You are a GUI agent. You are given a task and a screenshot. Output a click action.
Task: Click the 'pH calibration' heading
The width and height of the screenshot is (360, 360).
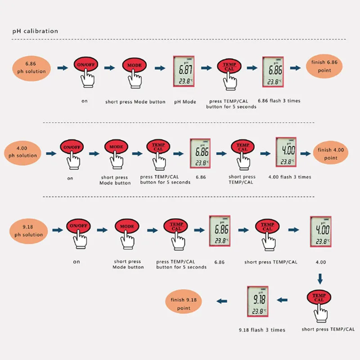tap(35, 31)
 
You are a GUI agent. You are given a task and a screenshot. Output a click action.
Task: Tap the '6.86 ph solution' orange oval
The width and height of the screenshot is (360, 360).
tap(31, 68)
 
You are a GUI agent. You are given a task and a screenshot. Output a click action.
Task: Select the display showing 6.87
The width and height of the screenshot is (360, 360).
tap(184, 72)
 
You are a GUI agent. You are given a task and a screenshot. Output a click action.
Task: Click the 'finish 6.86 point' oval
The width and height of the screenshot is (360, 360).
tap(324, 66)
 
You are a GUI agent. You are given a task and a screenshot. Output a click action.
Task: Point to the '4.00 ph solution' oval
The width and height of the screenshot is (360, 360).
tap(22, 153)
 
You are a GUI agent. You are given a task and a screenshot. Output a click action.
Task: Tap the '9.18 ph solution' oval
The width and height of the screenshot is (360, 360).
tap(28, 231)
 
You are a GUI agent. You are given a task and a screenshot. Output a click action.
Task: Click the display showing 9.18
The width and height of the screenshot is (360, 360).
tap(257, 301)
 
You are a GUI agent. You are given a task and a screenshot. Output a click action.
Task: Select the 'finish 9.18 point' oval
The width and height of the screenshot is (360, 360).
tap(184, 301)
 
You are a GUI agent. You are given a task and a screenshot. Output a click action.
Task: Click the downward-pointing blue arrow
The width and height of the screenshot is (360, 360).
tap(320, 279)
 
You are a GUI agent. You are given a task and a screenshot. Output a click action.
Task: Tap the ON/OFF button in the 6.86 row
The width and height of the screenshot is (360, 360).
tap(86, 64)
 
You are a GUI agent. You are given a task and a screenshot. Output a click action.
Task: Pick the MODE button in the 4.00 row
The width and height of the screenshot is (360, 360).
tap(116, 147)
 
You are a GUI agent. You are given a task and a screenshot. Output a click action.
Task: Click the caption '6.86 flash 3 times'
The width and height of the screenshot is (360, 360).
tap(279, 101)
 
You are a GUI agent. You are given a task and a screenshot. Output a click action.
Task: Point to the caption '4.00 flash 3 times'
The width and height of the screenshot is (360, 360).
tap(290, 177)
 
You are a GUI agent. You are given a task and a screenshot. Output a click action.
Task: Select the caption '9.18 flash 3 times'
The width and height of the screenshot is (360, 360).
tap(262, 330)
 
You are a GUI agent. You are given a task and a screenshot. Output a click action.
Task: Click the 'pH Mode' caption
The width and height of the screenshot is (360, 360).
tap(185, 102)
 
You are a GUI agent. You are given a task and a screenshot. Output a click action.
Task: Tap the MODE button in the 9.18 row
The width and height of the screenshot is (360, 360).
tap(127, 226)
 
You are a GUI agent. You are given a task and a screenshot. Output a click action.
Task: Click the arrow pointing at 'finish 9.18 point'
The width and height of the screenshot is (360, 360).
tap(222, 301)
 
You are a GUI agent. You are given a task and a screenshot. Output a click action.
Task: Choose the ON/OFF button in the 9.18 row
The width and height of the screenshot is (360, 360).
tap(78, 226)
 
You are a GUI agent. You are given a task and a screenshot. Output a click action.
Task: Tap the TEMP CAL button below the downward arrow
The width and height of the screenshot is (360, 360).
tap(319, 297)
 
